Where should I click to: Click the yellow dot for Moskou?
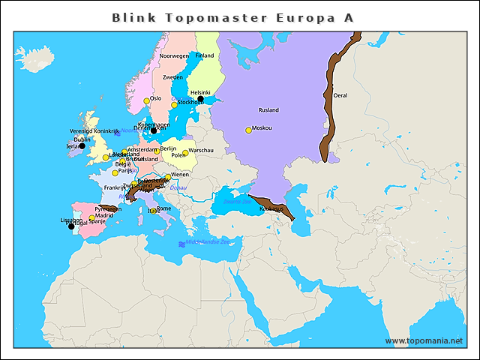(248, 130)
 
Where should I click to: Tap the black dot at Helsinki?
(200, 99)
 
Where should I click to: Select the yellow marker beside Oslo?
(147, 101)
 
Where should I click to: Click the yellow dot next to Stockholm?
(174, 105)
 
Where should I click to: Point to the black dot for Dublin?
(82, 146)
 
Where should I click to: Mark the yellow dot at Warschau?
(185, 153)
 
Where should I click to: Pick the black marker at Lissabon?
(71, 226)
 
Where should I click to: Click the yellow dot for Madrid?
(91, 218)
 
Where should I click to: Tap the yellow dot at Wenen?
(168, 178)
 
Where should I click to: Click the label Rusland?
(268, 110)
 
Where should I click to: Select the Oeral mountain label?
(340, 95)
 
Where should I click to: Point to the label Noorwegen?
(175, 56)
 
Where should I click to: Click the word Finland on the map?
(205, 55)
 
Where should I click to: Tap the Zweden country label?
(173, 77)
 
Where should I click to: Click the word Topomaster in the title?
(202, 16)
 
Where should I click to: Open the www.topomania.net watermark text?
(424, 340)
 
